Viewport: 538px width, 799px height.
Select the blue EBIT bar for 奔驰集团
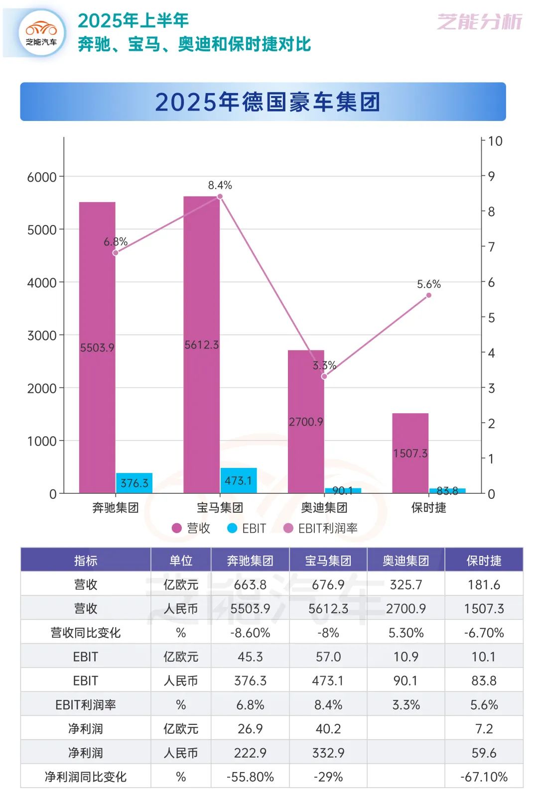click(134, 483)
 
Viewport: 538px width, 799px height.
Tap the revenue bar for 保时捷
click(410, 453)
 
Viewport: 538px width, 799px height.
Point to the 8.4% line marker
click(220, 196)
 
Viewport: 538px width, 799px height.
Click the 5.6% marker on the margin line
click(428, 295)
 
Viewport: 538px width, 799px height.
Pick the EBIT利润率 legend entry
click(320, 528)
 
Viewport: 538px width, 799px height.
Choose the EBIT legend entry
click(247, 528)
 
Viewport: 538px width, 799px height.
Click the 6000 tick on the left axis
click(42, 177)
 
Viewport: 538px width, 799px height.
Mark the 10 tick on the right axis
click(495, 141)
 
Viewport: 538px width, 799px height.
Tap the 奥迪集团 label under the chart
click(324, 508)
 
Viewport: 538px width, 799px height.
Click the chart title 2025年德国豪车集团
click(268, 102)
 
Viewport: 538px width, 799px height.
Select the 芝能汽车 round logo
click(41, 33)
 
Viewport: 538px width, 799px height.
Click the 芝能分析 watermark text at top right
click(479, 22)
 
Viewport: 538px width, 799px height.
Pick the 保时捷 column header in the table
click(483, 561)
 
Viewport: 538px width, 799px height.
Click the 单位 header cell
click(181, 561)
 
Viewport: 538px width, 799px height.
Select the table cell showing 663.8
click(250, 584)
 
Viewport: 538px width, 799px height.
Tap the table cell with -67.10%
click(483, 777)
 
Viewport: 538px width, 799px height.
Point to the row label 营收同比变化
click(86, 633)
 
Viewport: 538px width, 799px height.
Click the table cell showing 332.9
click(328, 753)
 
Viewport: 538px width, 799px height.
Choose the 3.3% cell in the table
click(406, 705)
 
